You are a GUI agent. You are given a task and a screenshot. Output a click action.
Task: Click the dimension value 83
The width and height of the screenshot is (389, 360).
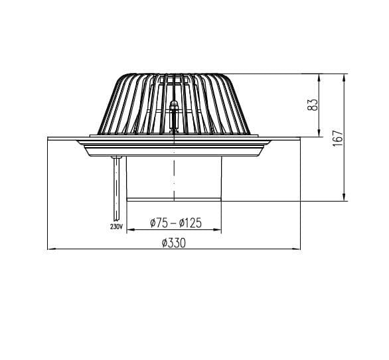point(313,105)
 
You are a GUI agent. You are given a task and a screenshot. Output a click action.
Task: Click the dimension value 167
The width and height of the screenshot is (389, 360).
point(338,138)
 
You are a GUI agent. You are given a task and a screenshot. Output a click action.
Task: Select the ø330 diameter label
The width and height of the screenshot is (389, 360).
point(174,243)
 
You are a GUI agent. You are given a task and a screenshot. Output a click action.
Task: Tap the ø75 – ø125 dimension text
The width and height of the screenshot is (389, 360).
point(176,223)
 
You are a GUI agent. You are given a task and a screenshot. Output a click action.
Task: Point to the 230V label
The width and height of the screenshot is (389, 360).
point(116,227)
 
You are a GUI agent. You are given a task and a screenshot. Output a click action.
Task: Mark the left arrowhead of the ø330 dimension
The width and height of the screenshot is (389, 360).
point(52,249)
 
